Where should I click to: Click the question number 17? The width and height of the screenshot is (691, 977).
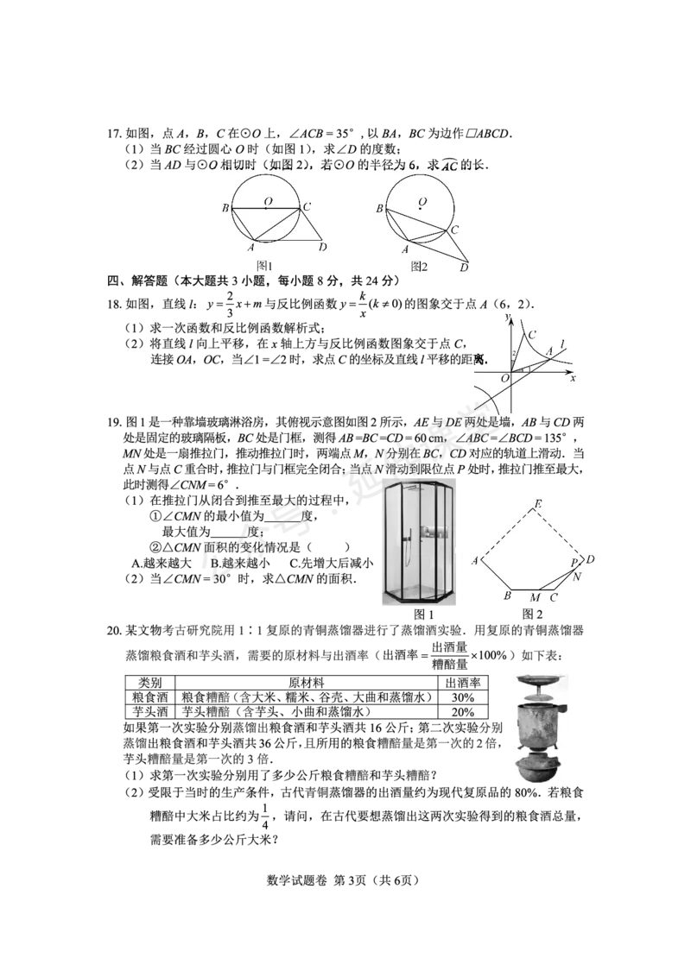point(113,134)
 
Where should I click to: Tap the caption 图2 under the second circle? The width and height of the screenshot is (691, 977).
point(419,266)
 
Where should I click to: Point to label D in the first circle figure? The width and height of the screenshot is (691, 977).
point(322,248)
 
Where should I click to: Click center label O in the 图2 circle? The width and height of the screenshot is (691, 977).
point(422,202)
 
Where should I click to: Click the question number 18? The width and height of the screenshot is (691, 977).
point(113,304)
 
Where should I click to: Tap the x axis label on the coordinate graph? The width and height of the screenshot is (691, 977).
point(573,378)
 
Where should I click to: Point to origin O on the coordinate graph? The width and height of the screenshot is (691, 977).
point(505,377)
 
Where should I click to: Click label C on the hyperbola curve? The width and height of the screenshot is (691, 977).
point(532,335)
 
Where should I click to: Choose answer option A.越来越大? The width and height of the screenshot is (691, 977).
point(162,564)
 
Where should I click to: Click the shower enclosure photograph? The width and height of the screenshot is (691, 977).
point(419,542)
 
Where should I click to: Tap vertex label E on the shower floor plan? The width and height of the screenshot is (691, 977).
point(538,504)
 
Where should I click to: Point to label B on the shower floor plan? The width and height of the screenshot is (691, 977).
point(508,596)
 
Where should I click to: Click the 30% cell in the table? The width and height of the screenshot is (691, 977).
point(463,697)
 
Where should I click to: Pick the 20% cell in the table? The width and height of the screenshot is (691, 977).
point(463,711)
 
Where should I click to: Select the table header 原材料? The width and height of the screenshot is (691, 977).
point(307,683)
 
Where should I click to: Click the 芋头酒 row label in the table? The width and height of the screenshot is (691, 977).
point(150,711)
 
